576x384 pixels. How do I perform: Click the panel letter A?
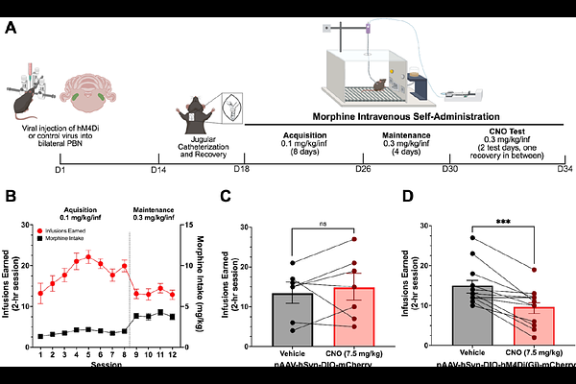12,27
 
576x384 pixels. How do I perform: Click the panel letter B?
12,198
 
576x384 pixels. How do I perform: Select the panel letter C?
225,198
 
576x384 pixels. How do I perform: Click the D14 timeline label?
161,169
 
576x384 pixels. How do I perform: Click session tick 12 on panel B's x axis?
173,354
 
